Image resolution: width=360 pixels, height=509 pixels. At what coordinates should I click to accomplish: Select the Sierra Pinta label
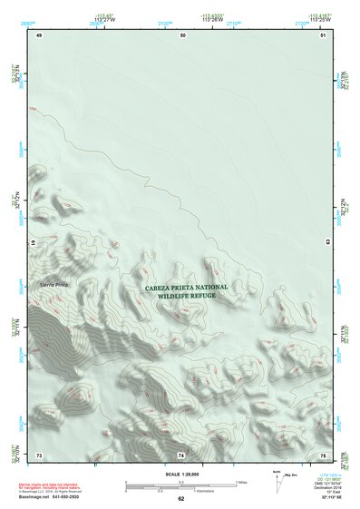click(x=54, y=286)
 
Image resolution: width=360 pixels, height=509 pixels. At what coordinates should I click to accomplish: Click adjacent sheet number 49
click(x=39, y=34)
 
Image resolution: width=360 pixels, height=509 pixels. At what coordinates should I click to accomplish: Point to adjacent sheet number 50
click(x=183, y=34)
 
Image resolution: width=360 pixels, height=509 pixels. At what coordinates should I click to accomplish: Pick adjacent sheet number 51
click(x=323, y=34)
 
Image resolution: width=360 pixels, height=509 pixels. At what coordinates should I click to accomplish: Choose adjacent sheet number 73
click(x=39, y=454)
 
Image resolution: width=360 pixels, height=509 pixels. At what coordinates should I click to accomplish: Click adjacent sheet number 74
click(x=181, y=454)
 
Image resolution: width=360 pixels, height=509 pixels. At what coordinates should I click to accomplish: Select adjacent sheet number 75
click(x=323, y=454)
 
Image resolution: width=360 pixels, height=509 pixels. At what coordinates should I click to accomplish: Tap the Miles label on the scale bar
click(x=241, y=482)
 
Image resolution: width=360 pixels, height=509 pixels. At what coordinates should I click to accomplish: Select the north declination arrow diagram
click(x=280, y=482)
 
